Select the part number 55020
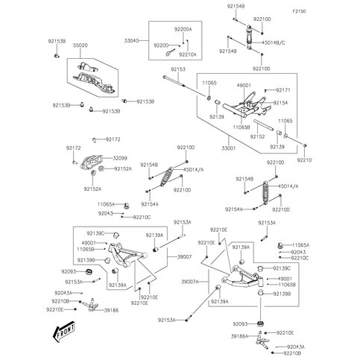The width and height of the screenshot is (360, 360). click(x=80, y=45)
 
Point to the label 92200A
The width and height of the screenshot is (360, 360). click(x=183, y=28)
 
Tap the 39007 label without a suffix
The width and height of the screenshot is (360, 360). click(x=183, y=256)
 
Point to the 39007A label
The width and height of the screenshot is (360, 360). click(x=189, y=282)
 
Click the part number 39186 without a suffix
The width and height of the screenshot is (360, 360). click(x=112, y=309)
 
